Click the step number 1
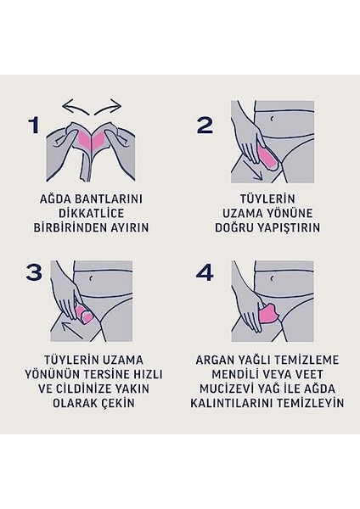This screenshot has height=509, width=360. click(34, 126)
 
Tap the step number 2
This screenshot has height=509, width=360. click(205, 126)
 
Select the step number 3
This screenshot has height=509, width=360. click(35, 273)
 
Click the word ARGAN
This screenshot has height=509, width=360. click(216, 358)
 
